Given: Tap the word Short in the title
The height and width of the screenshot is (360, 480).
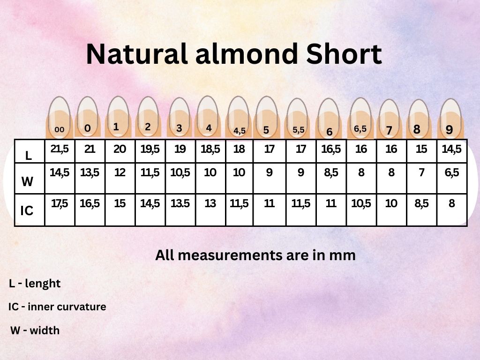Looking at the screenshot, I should click(x=344, y=54).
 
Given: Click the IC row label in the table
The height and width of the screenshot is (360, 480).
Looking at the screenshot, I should click(x=27, y=211).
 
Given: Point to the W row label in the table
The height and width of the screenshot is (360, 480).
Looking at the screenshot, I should click(x=28, y=182).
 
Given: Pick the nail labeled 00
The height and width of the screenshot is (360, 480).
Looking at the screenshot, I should click(x=60, y=117).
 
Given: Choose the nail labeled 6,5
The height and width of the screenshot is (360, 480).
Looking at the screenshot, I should click(x=360, y=117).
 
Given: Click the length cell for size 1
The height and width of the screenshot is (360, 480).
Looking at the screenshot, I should click(x=120, y=150).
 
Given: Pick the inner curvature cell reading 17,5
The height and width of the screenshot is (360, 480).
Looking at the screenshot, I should click(x=60, y=204).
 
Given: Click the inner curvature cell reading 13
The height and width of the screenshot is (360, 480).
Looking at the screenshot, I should click(x=210, y=204).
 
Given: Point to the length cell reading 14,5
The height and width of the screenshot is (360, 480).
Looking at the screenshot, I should click(x=452, y=150).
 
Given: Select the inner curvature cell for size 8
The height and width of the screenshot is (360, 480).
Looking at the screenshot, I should click(x=421, y=204).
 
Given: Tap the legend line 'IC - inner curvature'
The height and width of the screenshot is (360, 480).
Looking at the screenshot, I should click(x=57, y=307).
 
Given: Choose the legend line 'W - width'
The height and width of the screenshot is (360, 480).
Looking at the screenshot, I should click(x=35, y=330).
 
